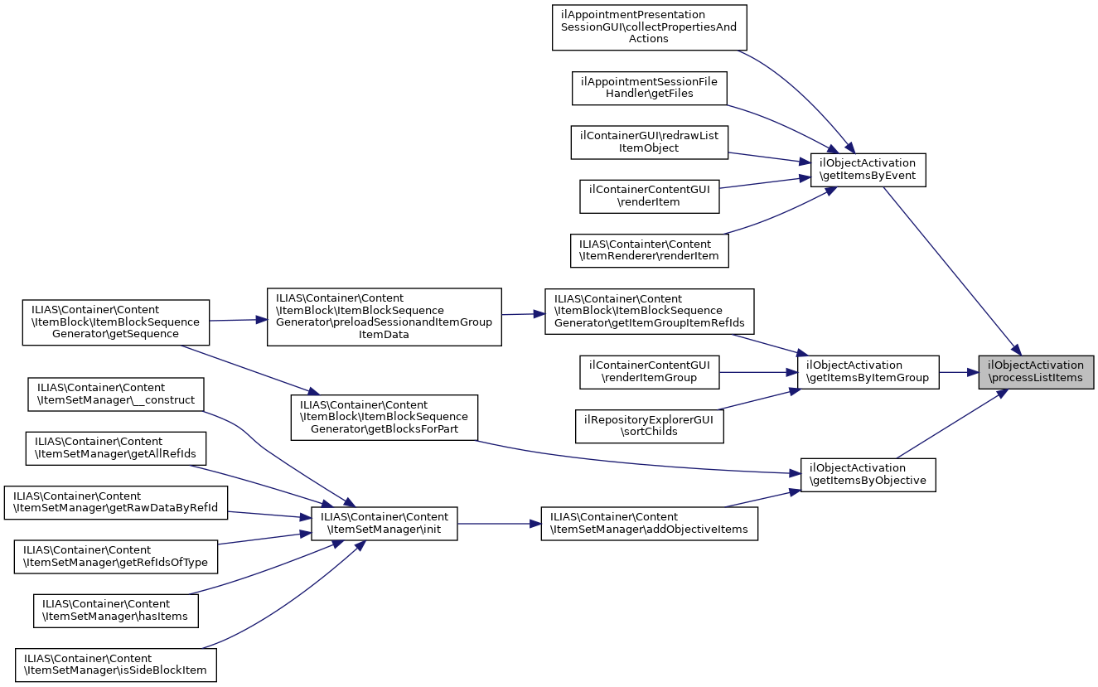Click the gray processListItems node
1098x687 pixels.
(1036, 371)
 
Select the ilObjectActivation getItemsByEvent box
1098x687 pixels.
(867, 169)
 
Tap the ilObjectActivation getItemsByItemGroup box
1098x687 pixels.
(868, 371)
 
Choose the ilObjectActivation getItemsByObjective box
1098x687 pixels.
(868, 474)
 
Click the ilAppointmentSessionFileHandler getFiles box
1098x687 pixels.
(649, 88)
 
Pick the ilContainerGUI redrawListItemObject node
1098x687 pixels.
(649, 142)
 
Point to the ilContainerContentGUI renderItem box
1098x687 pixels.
(649, 196)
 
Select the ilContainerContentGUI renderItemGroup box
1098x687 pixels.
(649, 371)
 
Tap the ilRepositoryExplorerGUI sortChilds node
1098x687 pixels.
(649, 425)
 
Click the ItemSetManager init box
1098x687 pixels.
(384, 524)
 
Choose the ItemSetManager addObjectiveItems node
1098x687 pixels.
(649, 524)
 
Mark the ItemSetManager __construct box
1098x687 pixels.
(116, 394)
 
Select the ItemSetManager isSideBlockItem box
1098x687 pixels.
(116, 664)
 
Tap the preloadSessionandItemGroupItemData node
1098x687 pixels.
(384, 317)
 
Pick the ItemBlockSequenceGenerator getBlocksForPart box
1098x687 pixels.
(384, 417)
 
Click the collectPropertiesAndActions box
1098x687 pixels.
(649, 27)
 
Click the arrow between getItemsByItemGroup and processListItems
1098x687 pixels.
(959, 371)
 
